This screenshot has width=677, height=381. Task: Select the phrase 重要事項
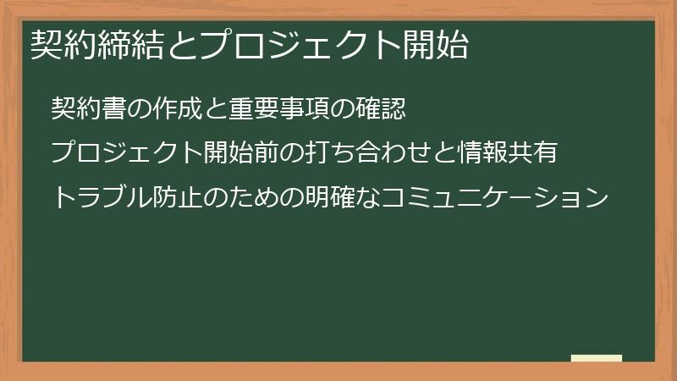(268, 109)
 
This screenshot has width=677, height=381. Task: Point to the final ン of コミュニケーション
(597, 198)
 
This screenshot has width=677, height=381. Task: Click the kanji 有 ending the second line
(546, 153)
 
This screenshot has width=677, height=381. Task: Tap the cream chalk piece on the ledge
(597, 358)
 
